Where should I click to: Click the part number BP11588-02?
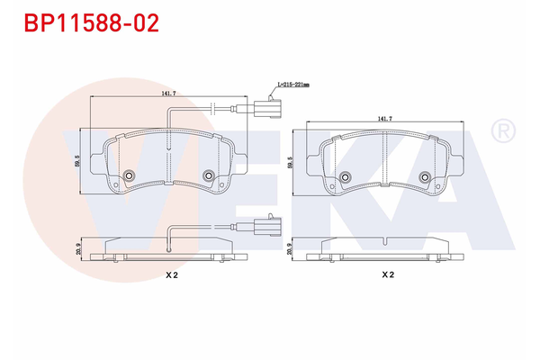(91, 22)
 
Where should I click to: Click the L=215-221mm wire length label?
(292, 84)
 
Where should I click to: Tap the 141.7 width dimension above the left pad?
(167, 93)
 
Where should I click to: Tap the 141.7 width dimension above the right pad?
(384, 118)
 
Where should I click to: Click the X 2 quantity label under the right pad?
(387, 275)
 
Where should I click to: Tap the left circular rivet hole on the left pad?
(128, 175)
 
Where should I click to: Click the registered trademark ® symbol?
(500, 132)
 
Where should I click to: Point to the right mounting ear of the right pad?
(457, 164)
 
